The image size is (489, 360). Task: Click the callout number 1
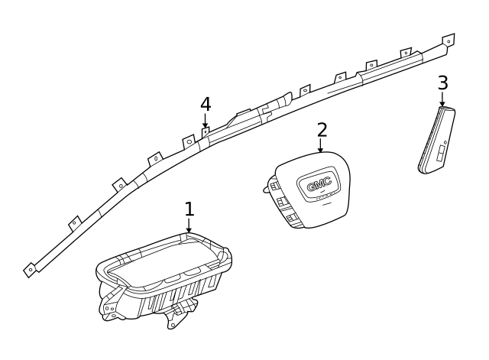189,209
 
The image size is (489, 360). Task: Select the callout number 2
322,130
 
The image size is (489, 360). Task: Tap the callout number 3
442,83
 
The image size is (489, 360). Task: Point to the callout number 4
205,104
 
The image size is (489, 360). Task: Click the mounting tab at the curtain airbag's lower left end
30,268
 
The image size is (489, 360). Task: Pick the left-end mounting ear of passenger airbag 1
107,304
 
